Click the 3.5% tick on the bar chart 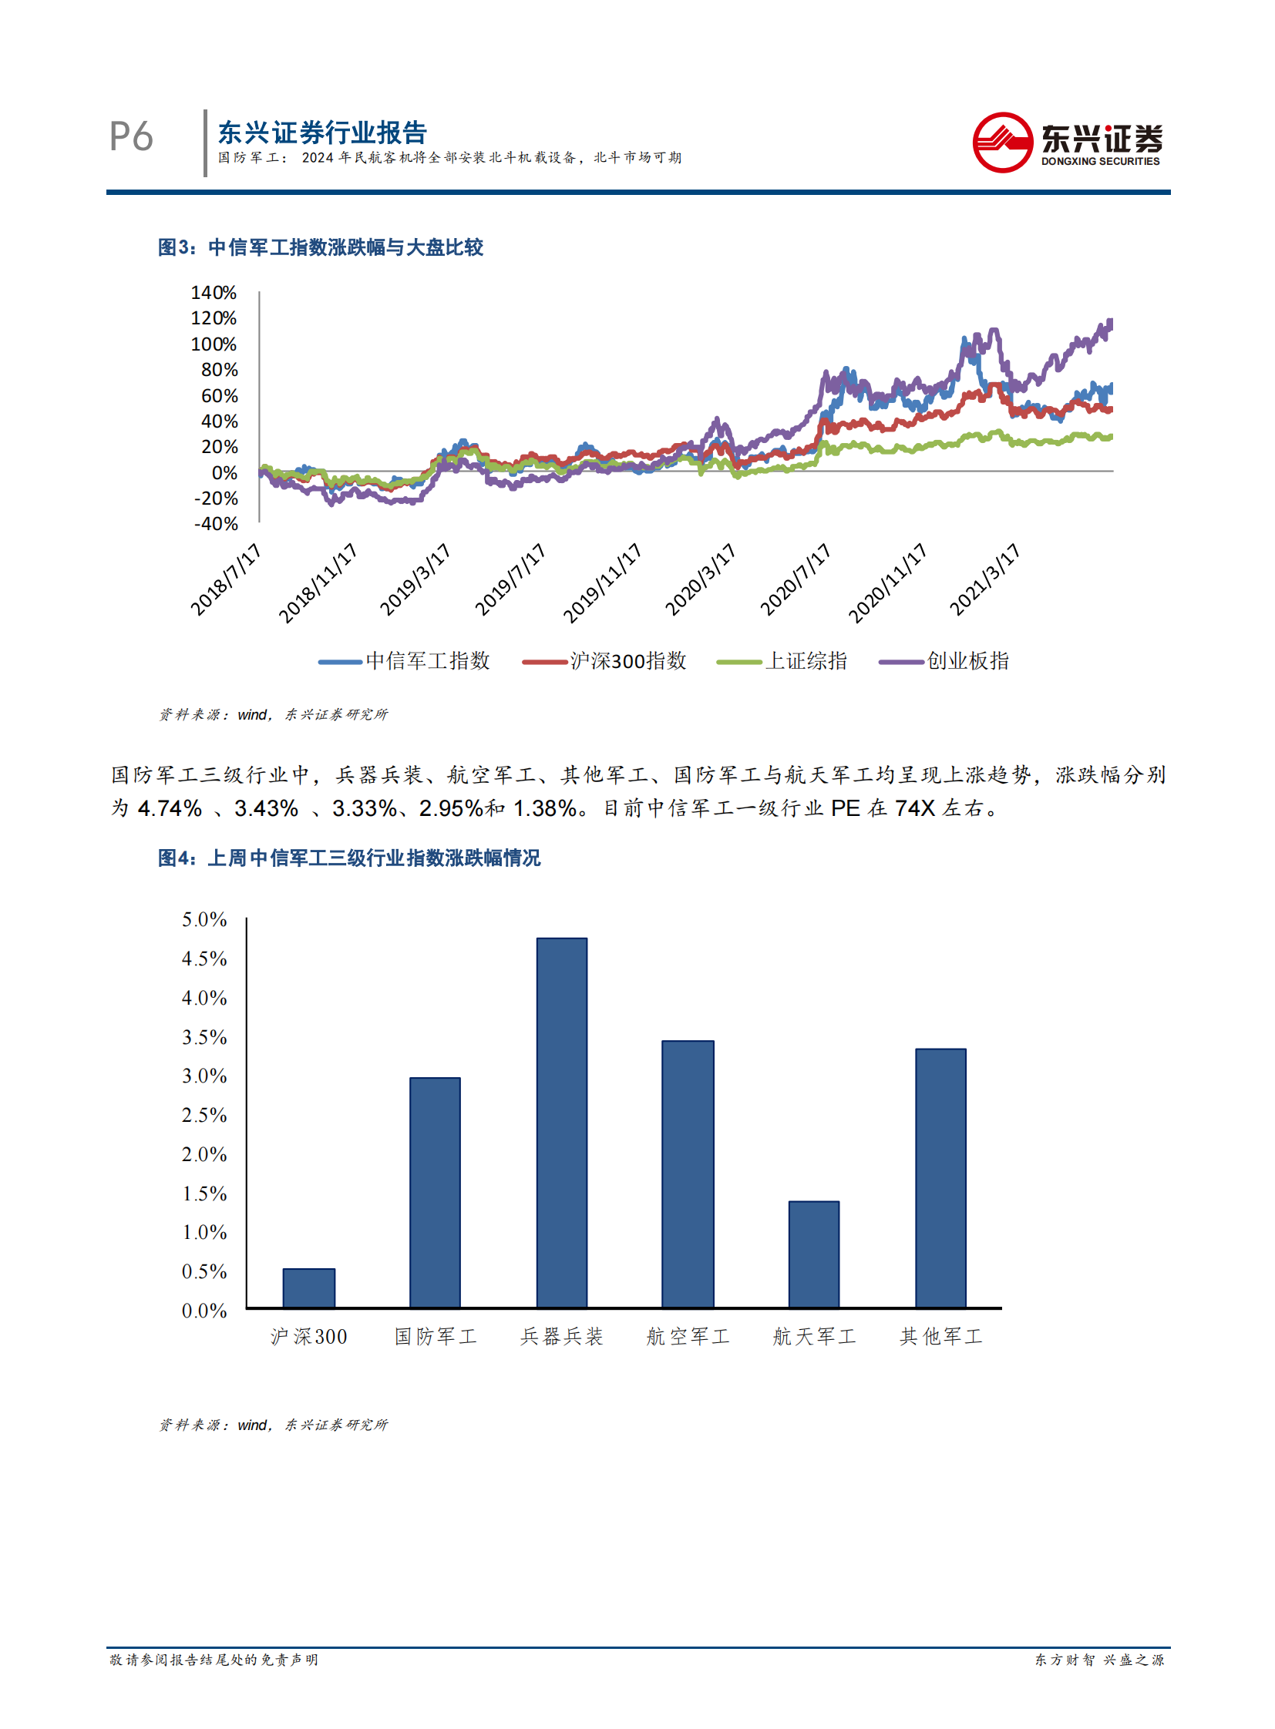(x=204, y=1037)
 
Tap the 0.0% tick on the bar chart (x=204, y=1310)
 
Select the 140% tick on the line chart (x=214, y=293)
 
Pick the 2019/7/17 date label (x=510, y=579)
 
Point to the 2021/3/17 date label (x=985, y=579)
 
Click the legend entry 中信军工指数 (x=405, y=660)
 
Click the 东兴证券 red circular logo (x=1002, y=143)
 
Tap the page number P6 (x=131, y=137)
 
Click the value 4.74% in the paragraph (x=169, y=807)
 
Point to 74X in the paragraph (x=913, y=807)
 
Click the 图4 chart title (x=349, y=857)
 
